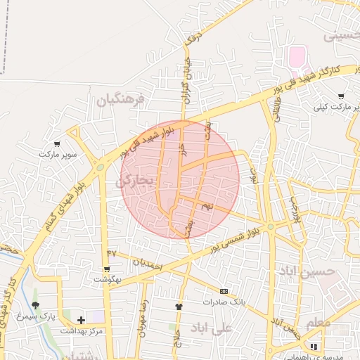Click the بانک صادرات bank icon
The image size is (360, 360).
tap(224, 291)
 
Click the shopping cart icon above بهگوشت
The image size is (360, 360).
tap(106, 269)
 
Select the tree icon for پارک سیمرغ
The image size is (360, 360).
tap(36, 306)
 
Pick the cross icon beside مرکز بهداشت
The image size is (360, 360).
tap(82, 320)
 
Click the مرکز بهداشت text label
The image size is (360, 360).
tap(82, 330)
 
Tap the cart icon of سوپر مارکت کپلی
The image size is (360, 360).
tap(341, 96)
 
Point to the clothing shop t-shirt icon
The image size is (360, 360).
tap(179, 307)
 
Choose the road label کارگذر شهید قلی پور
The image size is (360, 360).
tap(306, 79)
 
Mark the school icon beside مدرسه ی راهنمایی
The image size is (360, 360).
tap(314, 347)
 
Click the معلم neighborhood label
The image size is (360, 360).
tap(317, 323)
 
